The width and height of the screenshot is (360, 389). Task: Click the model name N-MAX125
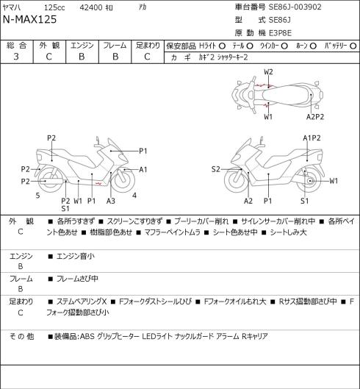pos(29,19)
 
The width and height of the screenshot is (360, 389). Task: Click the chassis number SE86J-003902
pos(295,7)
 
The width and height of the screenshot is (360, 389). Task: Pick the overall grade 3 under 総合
pos(16,57)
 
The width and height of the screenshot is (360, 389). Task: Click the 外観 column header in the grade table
pos(49,46)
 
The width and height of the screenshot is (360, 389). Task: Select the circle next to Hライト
pos(222,46)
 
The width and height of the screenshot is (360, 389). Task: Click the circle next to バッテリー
pos(353,46)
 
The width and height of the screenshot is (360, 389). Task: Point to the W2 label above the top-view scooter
pos(268,72)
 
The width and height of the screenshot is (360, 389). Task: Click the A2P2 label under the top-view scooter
pos(315,117)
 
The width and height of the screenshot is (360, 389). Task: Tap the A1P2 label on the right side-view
pos(312,138)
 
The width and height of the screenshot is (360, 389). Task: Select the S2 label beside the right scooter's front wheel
pos(216,169)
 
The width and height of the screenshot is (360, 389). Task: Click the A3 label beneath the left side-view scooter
pos(111,201)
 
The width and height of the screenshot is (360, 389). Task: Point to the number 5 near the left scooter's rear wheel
pos(37,196)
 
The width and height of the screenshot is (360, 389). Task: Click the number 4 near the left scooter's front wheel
pos(134,196)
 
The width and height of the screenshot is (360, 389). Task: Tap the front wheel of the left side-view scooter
pos(123,180)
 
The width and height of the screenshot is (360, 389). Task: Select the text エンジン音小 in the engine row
pos(76,257)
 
